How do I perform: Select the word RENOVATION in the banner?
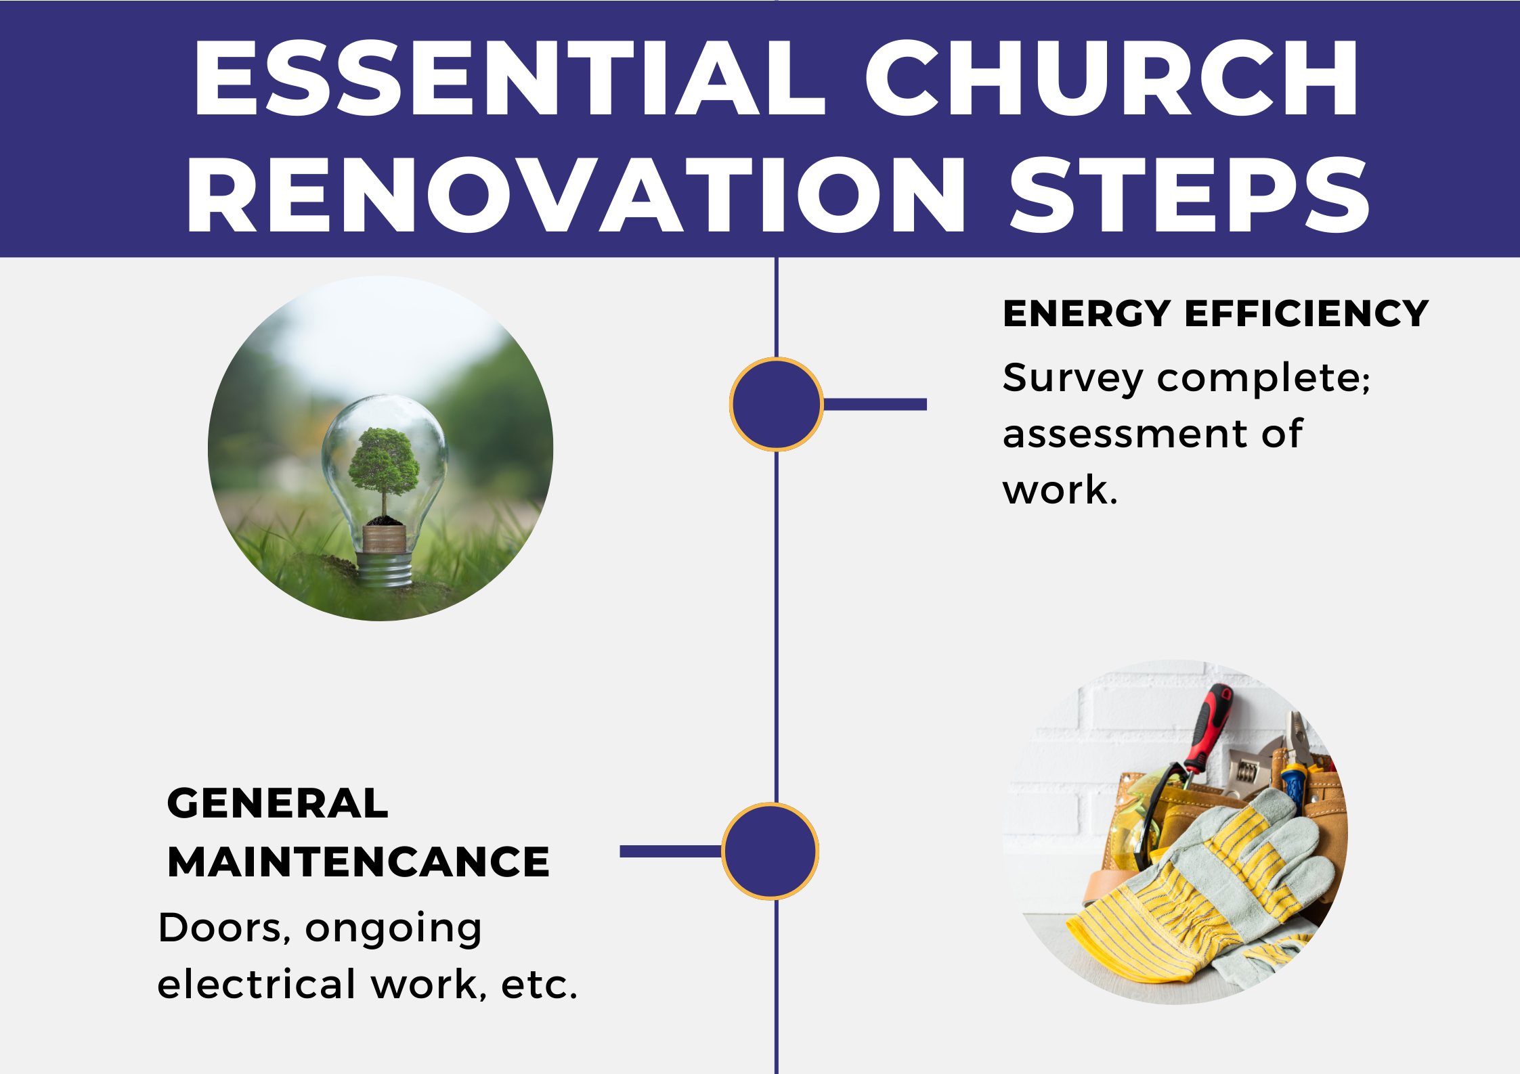coord(576,195)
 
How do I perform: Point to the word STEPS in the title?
coord(1190,195)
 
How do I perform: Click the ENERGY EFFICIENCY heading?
coord(1215,313)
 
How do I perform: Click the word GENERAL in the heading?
coord(278,803)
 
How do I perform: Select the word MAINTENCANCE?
coord(358,862)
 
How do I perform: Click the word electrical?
coord(257,984)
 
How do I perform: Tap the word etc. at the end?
coord(539,985)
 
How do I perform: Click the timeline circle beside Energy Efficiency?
coord(777,404)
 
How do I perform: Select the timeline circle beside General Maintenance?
coord(770,851)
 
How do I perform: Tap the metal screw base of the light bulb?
coord(385,568)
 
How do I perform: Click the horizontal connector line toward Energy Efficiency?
coord(875,404)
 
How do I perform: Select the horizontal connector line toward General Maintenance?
coord(671,851)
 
